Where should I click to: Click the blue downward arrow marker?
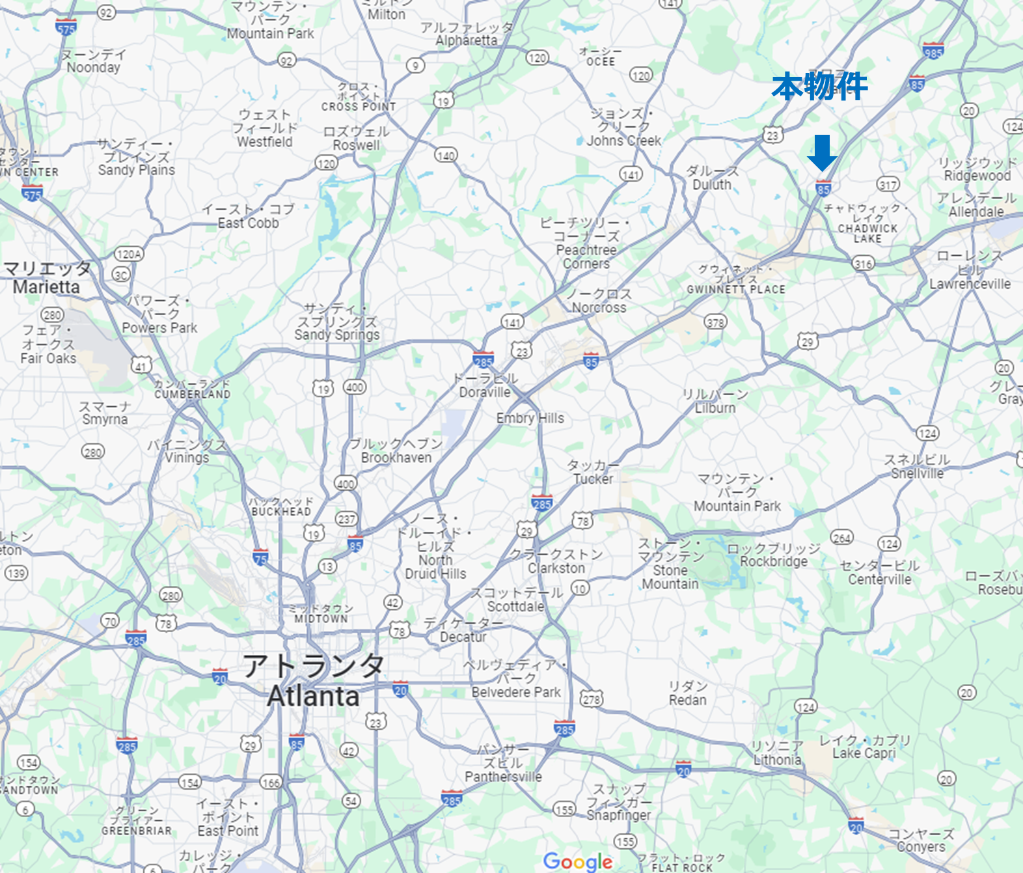point(822,153)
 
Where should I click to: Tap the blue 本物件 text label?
point(820,87)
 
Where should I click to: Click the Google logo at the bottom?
point(578,861)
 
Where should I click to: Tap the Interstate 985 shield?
point(933,51)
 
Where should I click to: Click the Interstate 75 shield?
point(260,557)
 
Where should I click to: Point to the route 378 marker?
point(715,322)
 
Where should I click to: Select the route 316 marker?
point(864,264)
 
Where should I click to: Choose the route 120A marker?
point(129,254)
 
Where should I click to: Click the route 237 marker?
point(346,519)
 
